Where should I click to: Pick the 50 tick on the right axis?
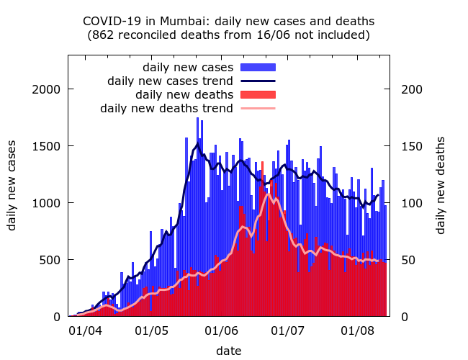(405, 260)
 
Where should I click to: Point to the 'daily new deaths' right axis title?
(441, 184)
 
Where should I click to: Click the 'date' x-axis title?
(229, 351)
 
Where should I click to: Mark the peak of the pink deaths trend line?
(268, 194)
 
